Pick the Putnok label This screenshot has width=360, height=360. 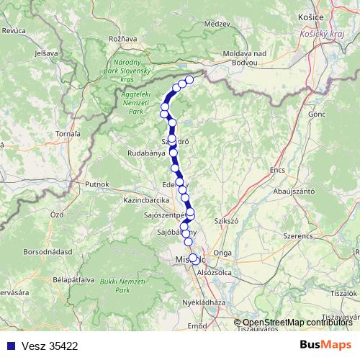click(x=96, y=184)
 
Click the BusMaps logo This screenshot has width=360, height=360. click(x=325, y=345)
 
